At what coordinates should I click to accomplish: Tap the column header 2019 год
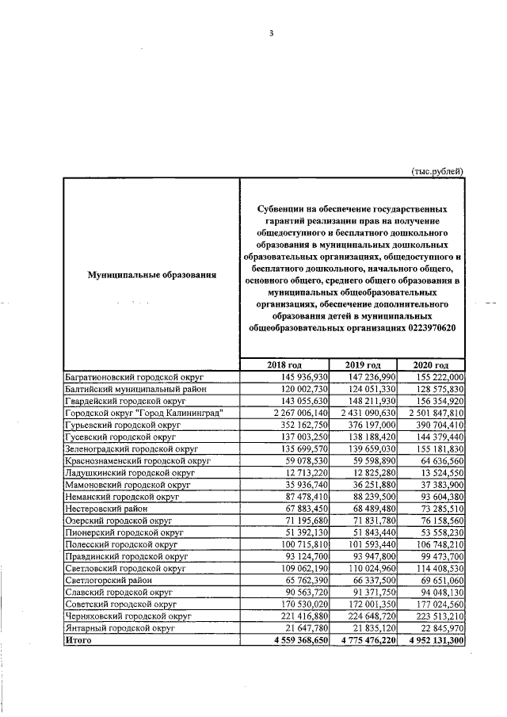pos(368,364)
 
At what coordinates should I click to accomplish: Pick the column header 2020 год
pos(434,364)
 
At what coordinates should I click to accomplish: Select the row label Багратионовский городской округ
pos(134,378)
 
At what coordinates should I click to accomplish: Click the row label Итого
pos(79,641)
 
